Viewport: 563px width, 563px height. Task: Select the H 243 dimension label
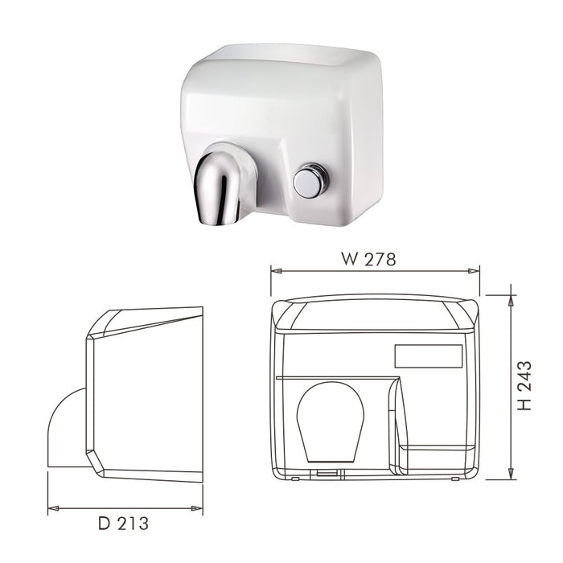(524, 387)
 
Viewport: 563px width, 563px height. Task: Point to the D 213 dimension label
(123, 524)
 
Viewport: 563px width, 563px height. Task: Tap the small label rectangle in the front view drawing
(428, 356)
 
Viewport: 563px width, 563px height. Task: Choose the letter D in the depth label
(104, 524)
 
